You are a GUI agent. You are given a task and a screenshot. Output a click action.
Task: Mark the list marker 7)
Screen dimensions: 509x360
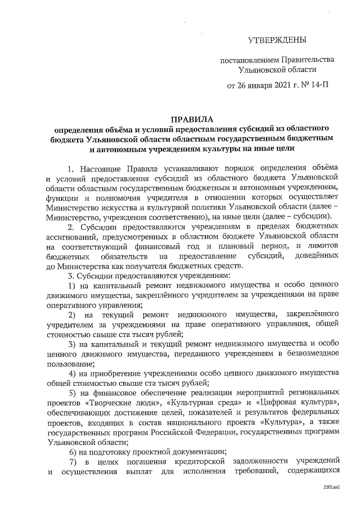tap(73, 463)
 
